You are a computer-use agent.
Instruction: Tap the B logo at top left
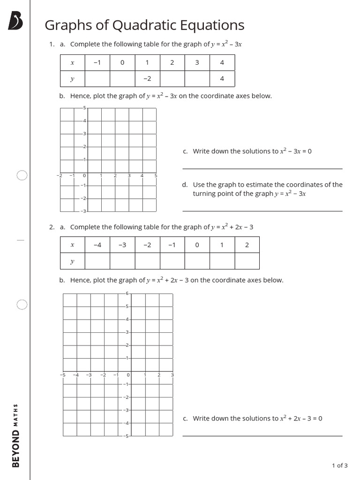pyautogui.click(x=15, y=21)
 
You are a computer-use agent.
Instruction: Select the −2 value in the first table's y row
pyautogui.click(x=147, y=79)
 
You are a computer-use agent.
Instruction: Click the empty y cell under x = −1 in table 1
pyautogui.click(x=97, y=79)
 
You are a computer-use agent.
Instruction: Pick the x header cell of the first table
pyautogui.click(x=72, y=63)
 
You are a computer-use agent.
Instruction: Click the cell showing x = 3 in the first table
pyautogui.click(x=197, y=63)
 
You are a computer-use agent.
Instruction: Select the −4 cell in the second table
pyautogui.click(x=97, y=245)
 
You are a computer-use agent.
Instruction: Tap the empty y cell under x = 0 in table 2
pyautogui.click(x=197, y=261)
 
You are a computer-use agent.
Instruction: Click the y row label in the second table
pyautogui.click(x=72, y=261)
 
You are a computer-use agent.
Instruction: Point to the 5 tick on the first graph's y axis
pyautogui.click(x=84, y=108)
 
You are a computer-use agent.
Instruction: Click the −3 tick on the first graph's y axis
pyautogui.click(x=83, y=211)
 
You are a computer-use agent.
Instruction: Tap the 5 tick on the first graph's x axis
pyautogui.click(x=156, y=176)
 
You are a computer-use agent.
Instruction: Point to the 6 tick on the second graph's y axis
pyautogui.click(x=127, y=293)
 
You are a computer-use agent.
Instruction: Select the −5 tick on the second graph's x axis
pyautogui.click(x=62, y=375)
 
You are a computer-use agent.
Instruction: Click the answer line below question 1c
pyautogui.click(x=262, y=168)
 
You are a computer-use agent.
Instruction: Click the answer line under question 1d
pyautogui.click(x=262, y=211)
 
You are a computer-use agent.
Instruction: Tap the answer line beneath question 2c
pyautogui.click(x=262, y=435)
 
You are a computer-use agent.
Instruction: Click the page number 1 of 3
pyautogui.click(x=339, y=465)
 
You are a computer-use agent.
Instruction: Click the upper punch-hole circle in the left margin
pyautogui.click(x=22, y=175)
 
